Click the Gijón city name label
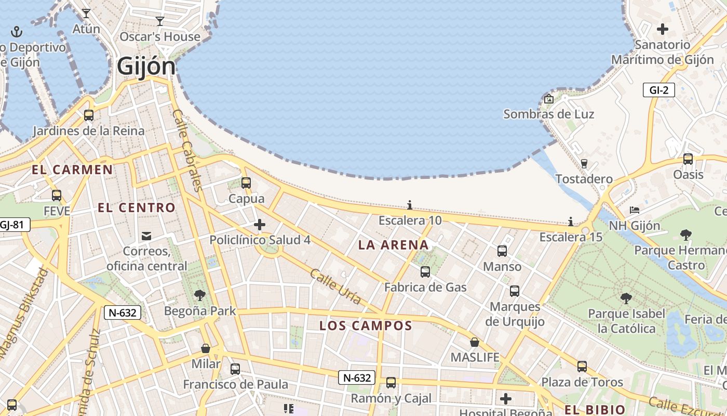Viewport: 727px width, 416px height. pos(146,67)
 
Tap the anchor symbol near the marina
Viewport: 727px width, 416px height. pos(17,32)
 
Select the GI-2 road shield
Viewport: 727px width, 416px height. pos(658,90)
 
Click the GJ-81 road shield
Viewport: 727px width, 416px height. pos(14,225)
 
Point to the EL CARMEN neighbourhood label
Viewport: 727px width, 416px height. pos(72,170)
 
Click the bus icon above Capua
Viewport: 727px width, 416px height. pos(246,183)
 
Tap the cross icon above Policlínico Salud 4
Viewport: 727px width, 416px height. pos(260,225)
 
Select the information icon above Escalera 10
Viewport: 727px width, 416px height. pos(410,205)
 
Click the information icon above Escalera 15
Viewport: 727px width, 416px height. pos(571,222)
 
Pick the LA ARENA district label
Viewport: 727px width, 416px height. pos(394,245)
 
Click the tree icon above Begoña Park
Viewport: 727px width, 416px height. pos(199,295)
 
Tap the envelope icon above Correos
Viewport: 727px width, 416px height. pos(147,236)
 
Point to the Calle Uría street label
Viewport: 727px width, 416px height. pos(335,286)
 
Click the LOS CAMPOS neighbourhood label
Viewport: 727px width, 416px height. pos(366,326)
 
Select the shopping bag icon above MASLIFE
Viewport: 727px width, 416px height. pos(475,342)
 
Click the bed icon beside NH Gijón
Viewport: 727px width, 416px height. pos(634,210)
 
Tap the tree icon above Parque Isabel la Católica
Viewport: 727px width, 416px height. pos(626,298)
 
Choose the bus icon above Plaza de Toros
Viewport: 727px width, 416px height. pos(582,367)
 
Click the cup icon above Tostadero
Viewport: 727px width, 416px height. pos(584,163)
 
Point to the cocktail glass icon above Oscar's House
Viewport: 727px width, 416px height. pos(160,21)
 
